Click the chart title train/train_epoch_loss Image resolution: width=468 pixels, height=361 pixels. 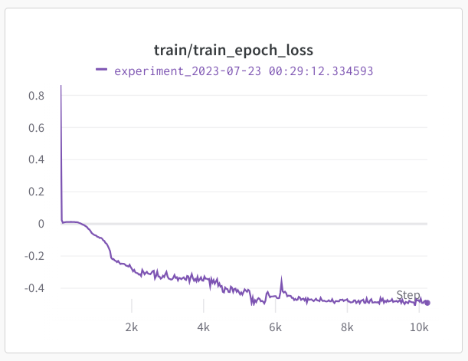(234, 50)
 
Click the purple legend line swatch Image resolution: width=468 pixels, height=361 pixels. (101, 70)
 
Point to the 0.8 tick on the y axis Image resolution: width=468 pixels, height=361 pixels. (36, 96)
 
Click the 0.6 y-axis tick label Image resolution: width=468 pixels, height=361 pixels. (36, 128)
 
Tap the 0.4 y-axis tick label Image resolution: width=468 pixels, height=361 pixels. (36, 160)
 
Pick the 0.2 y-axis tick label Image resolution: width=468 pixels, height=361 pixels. (36, 192)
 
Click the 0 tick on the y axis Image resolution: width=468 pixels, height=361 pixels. (41, 225)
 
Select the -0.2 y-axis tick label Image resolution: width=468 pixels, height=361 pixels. (34, 257)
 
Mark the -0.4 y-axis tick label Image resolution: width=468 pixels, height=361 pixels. (34, 289)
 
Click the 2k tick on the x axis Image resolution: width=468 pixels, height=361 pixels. (132, 327)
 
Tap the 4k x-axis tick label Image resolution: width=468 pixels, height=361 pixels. (204, 327)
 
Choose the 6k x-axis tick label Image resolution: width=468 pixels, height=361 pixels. (276, 327)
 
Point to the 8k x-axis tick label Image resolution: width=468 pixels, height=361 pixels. (348, 327)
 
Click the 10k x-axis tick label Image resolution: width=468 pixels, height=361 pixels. (418, 327)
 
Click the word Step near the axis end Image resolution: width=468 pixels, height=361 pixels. (408, 295)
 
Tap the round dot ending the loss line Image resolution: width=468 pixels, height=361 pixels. (427, 303)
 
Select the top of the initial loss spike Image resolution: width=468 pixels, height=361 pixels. (61, 86)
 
